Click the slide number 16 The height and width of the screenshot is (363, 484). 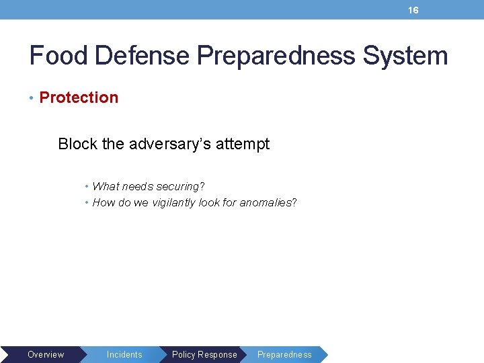[x=413, y=10]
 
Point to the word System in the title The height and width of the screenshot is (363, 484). [x=405, y=55]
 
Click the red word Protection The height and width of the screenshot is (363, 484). [x=79, y=97]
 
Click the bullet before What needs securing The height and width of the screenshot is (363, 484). [x=87, y=187]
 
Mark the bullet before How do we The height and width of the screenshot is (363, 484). [x=87, y=203]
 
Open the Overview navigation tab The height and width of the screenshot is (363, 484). [x=46, y=354]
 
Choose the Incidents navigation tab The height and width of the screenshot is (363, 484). [x=124, y=354]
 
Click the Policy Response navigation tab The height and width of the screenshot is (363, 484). [x=204, y=354]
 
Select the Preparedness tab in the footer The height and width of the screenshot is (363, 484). [x=284, y=354]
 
